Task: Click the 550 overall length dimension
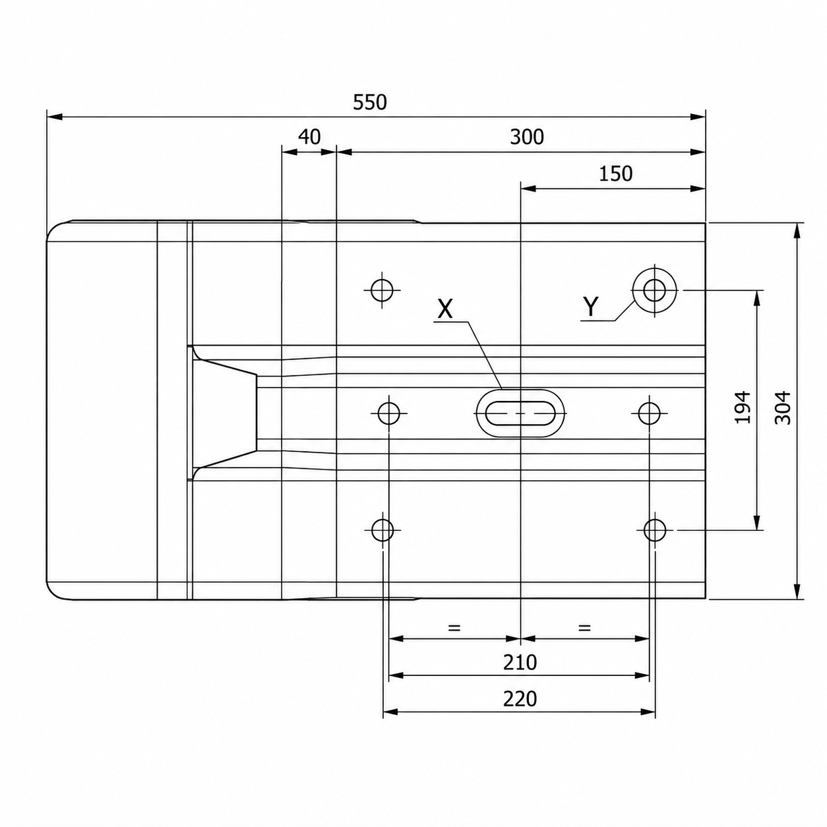369,102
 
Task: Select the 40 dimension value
309,137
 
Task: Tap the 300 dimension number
526,137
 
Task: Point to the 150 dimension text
615,174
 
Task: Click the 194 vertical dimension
743,408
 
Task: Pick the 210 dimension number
520,663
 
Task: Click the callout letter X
445,309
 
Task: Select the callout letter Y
591,306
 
